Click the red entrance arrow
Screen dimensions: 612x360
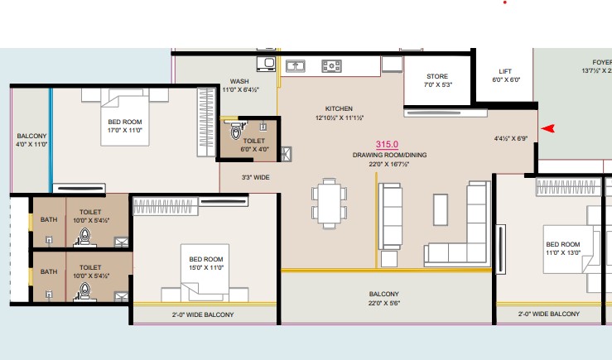[548, 128]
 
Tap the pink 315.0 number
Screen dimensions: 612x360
[387, 144]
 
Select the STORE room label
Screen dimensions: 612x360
[437, 76]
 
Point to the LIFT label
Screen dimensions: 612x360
[505, 71]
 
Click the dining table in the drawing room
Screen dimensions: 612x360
[329, 204]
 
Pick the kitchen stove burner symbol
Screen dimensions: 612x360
[331, 66]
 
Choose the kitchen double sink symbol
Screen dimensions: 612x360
[296, 66]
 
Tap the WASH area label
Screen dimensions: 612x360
[239, 81]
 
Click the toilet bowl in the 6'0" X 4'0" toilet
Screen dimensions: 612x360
[236, 131]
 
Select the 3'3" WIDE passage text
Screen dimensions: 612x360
[255, 177]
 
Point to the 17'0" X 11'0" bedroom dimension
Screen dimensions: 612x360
[125, 130]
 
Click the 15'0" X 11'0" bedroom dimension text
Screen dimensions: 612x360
[206, 267]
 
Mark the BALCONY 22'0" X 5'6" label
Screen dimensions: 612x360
[384, 299]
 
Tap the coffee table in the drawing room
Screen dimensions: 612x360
[441, 210]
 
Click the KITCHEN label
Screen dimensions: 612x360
[339, 108]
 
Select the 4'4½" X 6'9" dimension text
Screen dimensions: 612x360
[511, 138]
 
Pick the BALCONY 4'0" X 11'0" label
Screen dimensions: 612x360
[31, 140]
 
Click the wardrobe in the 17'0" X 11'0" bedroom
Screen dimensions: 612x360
[206, 122]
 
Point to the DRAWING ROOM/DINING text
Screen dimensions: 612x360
[389, 155]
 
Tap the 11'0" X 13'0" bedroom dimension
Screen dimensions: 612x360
[563, 252]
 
